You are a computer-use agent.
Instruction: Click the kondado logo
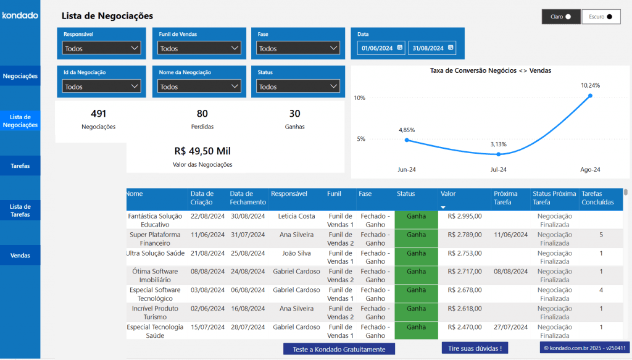(20, 15)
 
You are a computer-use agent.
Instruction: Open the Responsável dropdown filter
(101, 48)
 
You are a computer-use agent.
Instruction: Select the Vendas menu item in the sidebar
(20, 255)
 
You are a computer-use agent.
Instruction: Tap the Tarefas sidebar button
(20, 165)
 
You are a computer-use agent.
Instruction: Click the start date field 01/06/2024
(381, 48)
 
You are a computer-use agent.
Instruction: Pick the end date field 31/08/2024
(431, 48)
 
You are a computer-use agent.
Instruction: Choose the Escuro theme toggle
(601, 17)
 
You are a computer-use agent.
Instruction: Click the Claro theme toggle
(561, 17)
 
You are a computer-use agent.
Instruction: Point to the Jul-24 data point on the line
(499, 154)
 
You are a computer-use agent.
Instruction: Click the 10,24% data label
(590, 85)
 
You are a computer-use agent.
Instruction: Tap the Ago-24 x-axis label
(590, 170)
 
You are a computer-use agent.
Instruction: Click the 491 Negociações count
(98, 114)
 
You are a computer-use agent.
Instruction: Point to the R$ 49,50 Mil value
(202, 151)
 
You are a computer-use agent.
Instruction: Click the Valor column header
(448, 194)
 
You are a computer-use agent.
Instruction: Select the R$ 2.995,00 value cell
(464, 216)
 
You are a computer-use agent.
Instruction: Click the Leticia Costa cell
(296, 216)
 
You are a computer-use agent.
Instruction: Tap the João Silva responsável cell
(296, 253)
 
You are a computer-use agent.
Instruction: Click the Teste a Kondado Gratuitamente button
(339, 349)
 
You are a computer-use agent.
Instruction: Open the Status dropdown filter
(298, 86)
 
